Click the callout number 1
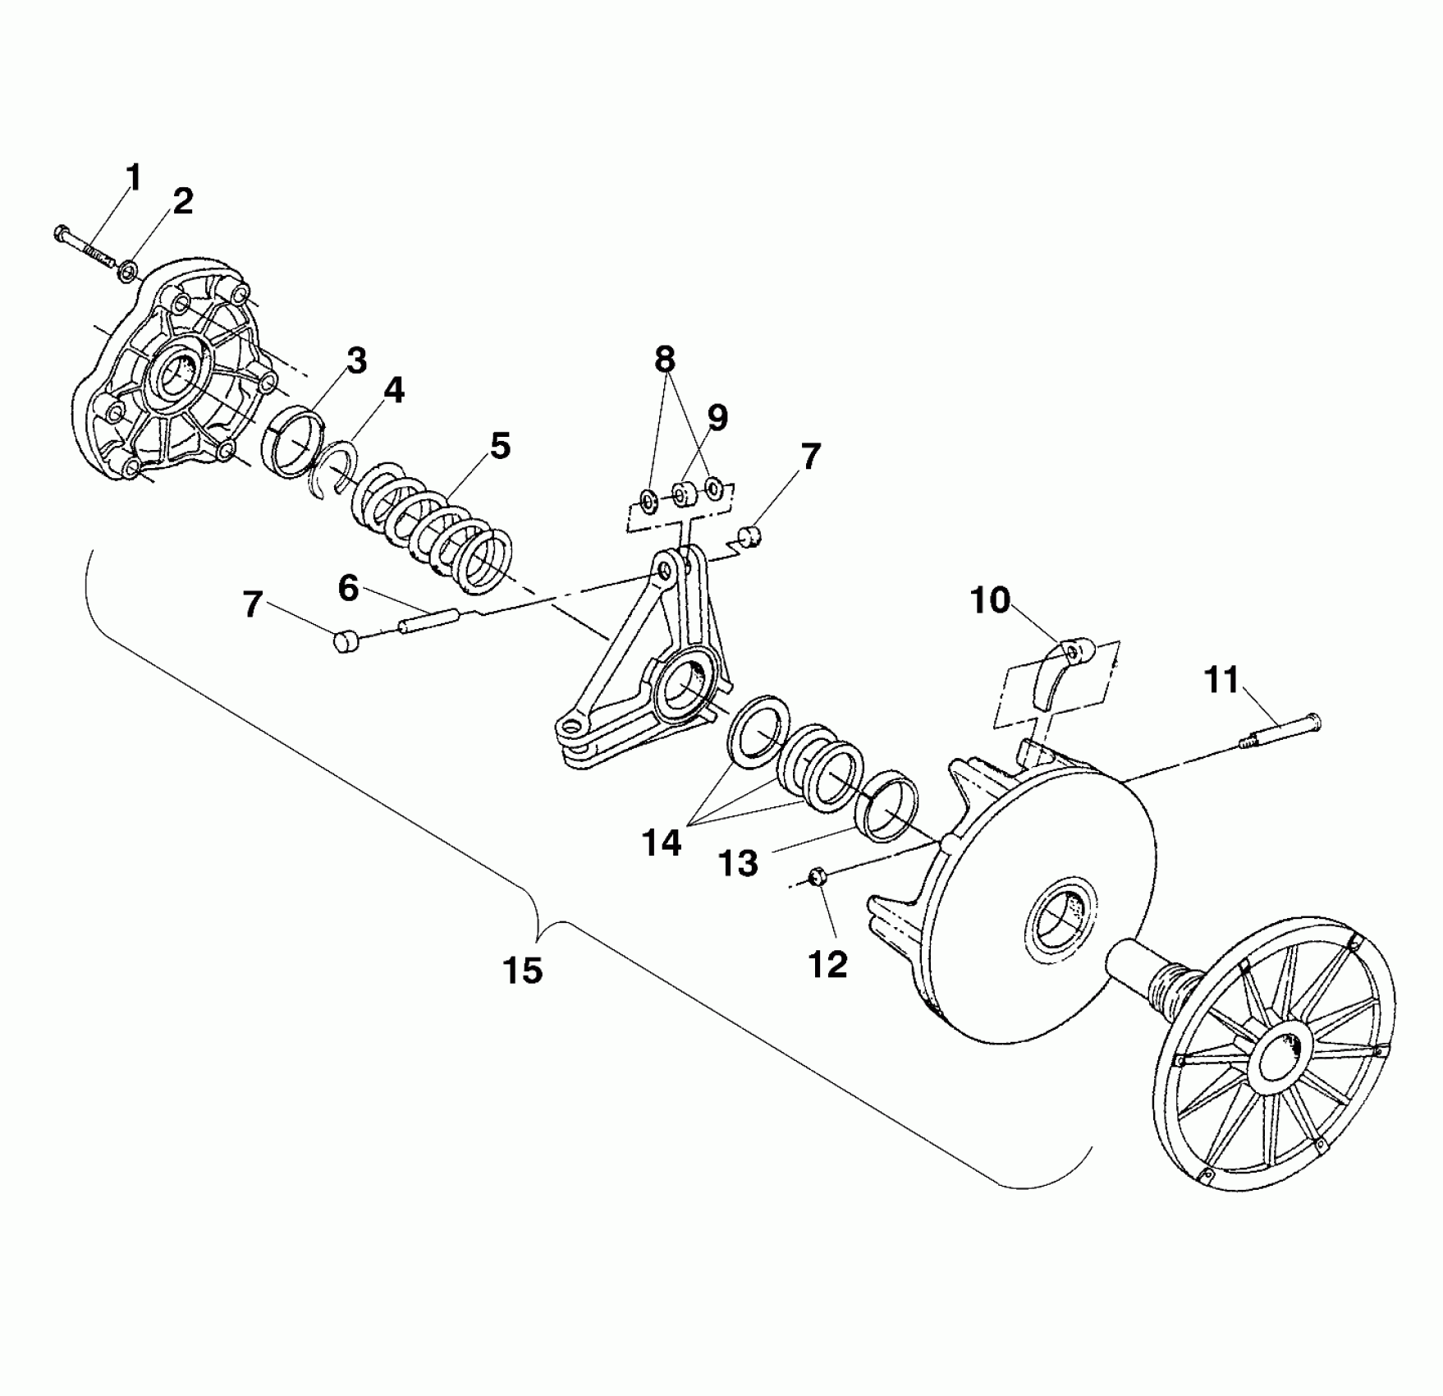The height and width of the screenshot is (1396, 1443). [133, 178]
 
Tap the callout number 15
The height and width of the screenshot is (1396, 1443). [523, 970]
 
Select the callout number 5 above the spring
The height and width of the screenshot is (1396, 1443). [499, 446]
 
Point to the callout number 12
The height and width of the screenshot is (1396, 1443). [827, 964]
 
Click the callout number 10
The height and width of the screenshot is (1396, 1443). [990, 600]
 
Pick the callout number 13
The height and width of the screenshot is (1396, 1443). [738, 863]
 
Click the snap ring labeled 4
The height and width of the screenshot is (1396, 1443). [335, 468]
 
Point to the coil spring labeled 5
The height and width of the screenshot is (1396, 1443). [435, 526]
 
